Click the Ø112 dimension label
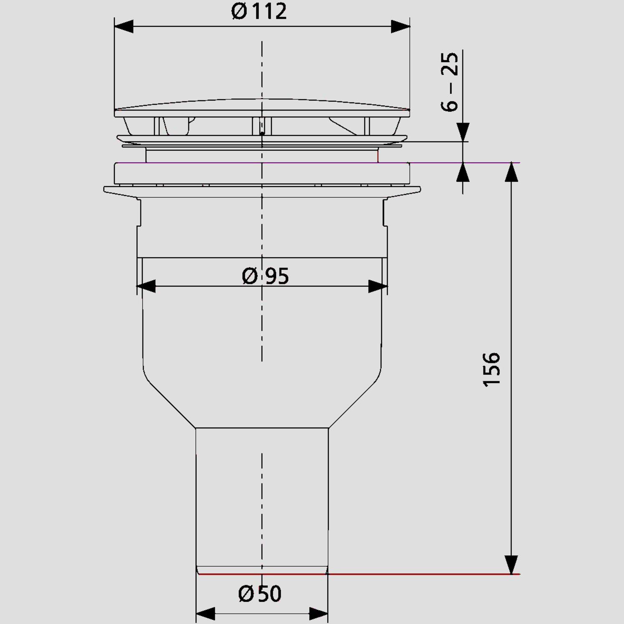coord(259,11)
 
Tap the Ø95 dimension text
coord(265,276)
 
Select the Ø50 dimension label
coord(260,594)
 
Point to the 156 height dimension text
coord(491,370)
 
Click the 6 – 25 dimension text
coord(450,82)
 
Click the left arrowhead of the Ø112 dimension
coord(124,26)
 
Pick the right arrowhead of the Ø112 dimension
coord(400,26)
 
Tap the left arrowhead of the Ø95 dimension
coord(146,287)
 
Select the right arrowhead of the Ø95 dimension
coord(378,287)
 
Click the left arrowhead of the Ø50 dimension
coord(205,614)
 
